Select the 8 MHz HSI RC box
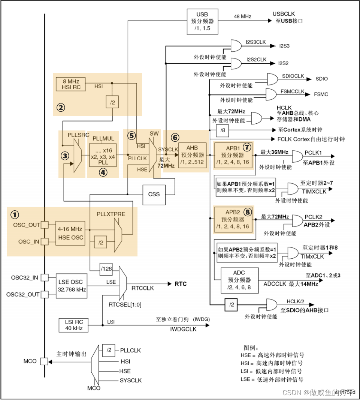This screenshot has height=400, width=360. click(x=70, y=84)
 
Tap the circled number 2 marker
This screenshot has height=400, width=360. click(x=61, y=107)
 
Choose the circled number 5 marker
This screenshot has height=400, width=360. click(x=131, y=135)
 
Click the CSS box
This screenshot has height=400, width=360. click(x=154, y=194)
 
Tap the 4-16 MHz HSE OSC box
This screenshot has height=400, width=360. click(x=70, y=234)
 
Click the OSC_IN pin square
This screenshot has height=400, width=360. click(x=45, y=241)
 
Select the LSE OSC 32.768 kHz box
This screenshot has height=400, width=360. click(x=70, y=286)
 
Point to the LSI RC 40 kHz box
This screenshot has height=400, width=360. click(x=73, y=325)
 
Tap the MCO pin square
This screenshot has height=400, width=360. click(x=45, y=361)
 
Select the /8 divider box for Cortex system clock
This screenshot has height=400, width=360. click(x=223, y=130)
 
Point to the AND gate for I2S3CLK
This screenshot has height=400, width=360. click(x=236, y=46)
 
